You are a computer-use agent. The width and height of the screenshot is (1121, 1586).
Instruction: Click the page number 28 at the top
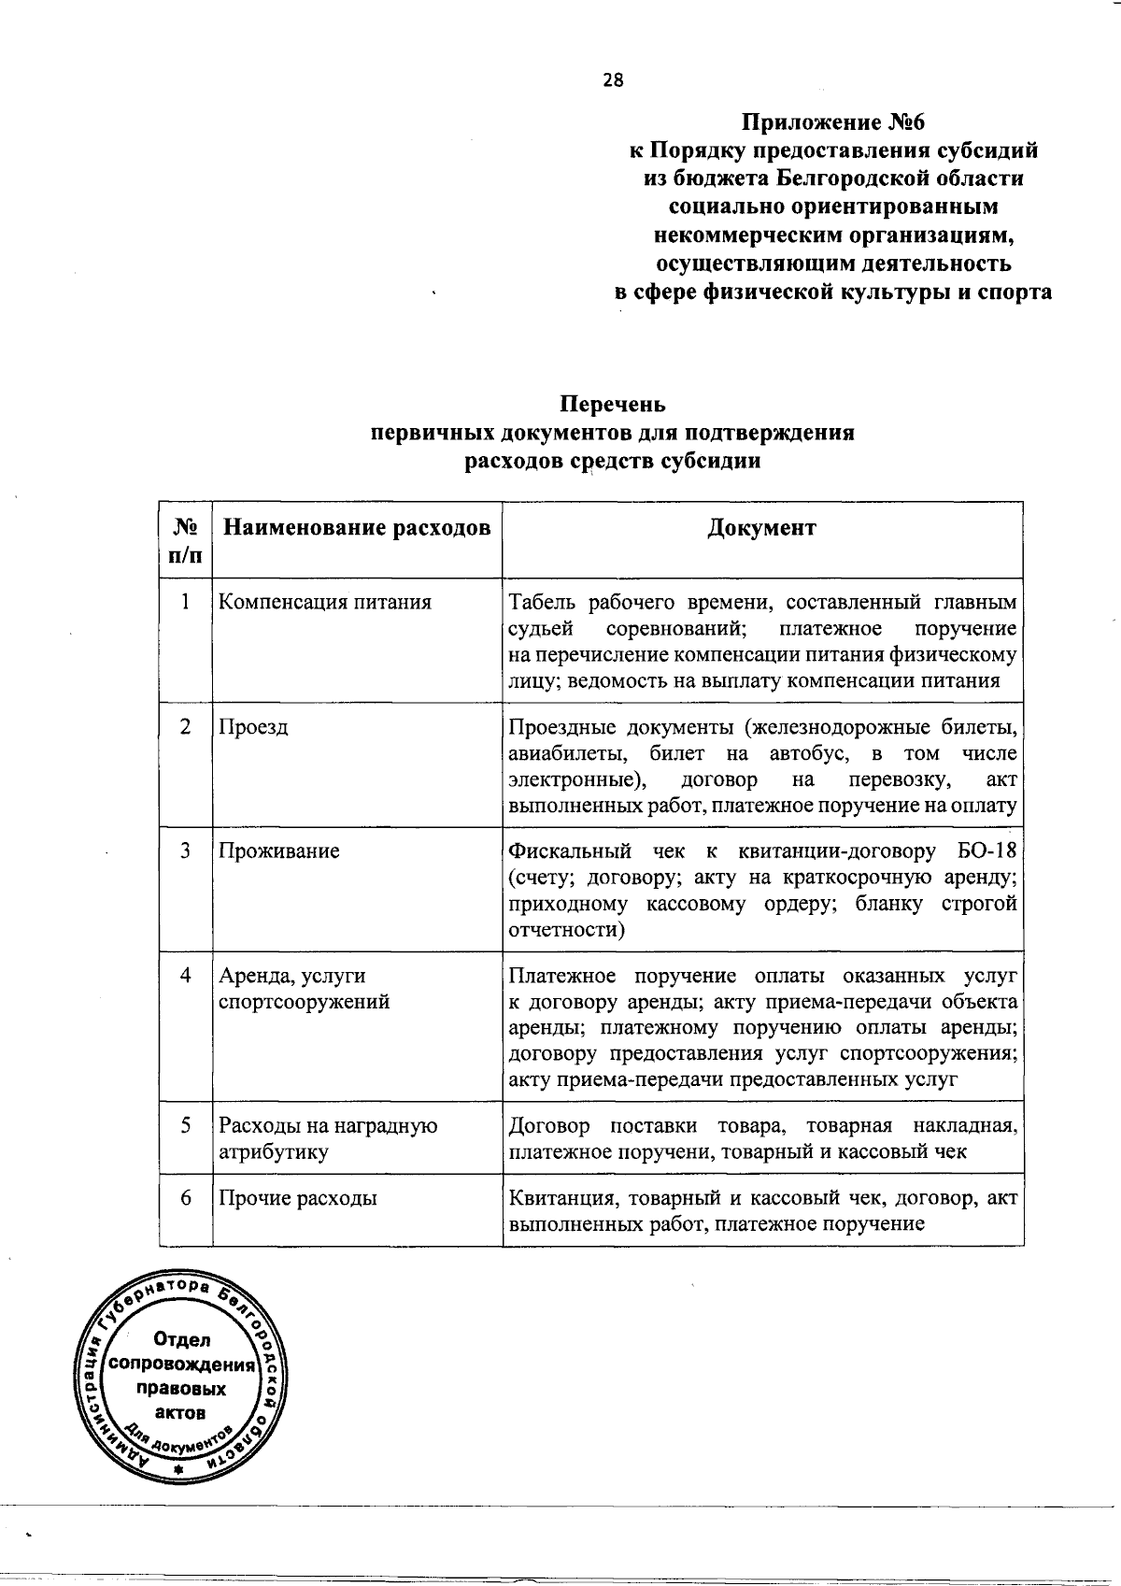tap(613, 80)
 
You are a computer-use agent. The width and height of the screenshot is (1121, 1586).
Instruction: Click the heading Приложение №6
tap(832, 123)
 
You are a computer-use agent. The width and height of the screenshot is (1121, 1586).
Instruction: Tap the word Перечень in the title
tap(613, 405)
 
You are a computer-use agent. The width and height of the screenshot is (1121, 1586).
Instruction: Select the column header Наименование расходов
tap(355, 528)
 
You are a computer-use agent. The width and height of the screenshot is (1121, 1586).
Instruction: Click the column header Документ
tap(761, 528)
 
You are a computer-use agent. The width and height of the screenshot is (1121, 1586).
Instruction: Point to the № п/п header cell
tap(185, 540)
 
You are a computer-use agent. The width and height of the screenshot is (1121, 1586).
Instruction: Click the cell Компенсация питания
tap(325, 602)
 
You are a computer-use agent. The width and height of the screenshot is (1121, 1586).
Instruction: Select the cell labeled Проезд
tap(254, 726)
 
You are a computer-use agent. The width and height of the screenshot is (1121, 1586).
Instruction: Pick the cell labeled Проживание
tap(279, 850)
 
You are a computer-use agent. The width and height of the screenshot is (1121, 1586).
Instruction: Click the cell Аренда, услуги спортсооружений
tap(305, 989)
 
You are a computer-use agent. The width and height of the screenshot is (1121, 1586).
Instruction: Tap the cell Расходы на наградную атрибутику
tap(327, 1138)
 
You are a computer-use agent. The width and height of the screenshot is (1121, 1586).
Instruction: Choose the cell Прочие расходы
tap(298, 1198)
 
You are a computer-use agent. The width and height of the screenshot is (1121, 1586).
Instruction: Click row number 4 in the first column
tap(186, 975)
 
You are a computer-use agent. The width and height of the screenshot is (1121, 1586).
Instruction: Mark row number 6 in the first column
tap(186, 1197)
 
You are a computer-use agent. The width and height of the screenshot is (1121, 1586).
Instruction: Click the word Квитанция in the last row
tap(561, 1198)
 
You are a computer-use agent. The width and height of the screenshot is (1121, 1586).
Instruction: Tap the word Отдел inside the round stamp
tap(181, 1340)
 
